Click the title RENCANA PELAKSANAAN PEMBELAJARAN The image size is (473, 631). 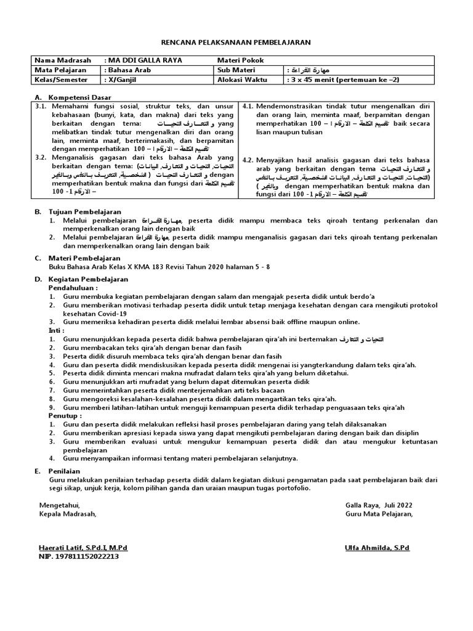[236, 42]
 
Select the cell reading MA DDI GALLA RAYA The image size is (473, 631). [145, 60]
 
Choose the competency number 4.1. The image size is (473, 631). [248, 106]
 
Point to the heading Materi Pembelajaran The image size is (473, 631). [85, 258]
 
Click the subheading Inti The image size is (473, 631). [56, 330]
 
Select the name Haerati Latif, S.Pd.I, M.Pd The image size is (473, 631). [83, 547]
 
